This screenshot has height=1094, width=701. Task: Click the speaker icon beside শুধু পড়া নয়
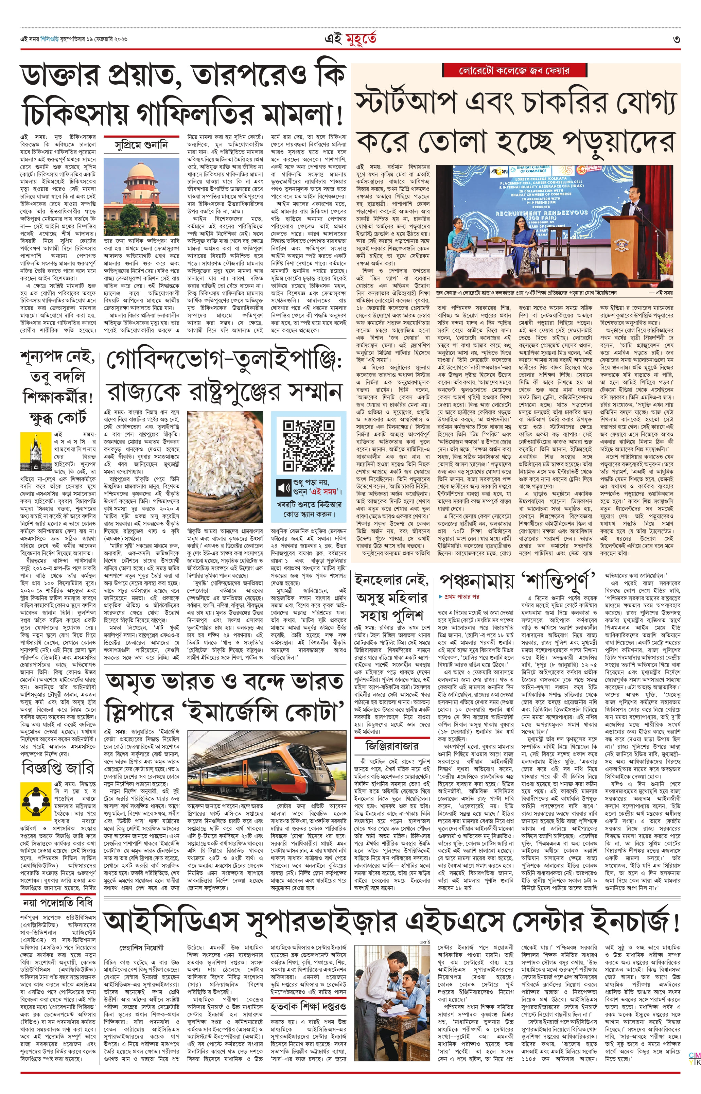pyautogui.click(x=284, y=488)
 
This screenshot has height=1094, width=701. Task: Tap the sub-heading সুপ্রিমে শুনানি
pyautogui.click(x=142, y=145)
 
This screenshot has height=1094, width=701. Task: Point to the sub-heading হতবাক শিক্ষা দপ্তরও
pyautogui.click(x=308, y=1005)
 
